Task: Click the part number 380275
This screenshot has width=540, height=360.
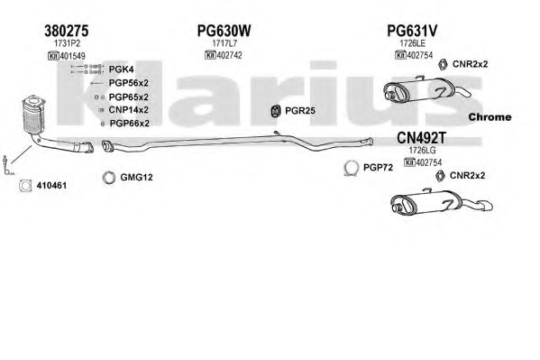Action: tap(66, 31)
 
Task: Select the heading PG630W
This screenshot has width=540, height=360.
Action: tap(224, 31)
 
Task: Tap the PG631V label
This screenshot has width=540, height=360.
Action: tap(412, 31)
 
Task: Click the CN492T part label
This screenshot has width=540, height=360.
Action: tap(421, 138)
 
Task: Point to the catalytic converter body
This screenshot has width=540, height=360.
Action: tap(33, 115)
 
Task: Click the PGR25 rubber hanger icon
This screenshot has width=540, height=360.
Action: tap(275, 111)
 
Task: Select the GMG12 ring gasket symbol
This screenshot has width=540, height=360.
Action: tap(109, 177)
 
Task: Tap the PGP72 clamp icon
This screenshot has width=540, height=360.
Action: tap(352, 168)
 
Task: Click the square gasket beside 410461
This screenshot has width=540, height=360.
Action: tap(25, 186)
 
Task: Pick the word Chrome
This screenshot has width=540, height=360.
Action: tap(490, 117)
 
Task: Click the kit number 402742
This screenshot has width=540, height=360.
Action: tap(229, 55)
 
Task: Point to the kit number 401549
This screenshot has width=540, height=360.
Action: tap(73, 56)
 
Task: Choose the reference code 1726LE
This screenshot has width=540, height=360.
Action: tap(412, 43)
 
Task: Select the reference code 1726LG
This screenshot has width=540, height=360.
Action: tap(422, 151)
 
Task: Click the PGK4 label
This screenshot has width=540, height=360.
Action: tap(121, 69)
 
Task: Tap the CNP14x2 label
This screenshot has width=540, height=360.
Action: tap(128, 110)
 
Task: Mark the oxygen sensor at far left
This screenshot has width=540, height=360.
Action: tap(7, 165)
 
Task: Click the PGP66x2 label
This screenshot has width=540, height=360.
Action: tap(130, 123)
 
